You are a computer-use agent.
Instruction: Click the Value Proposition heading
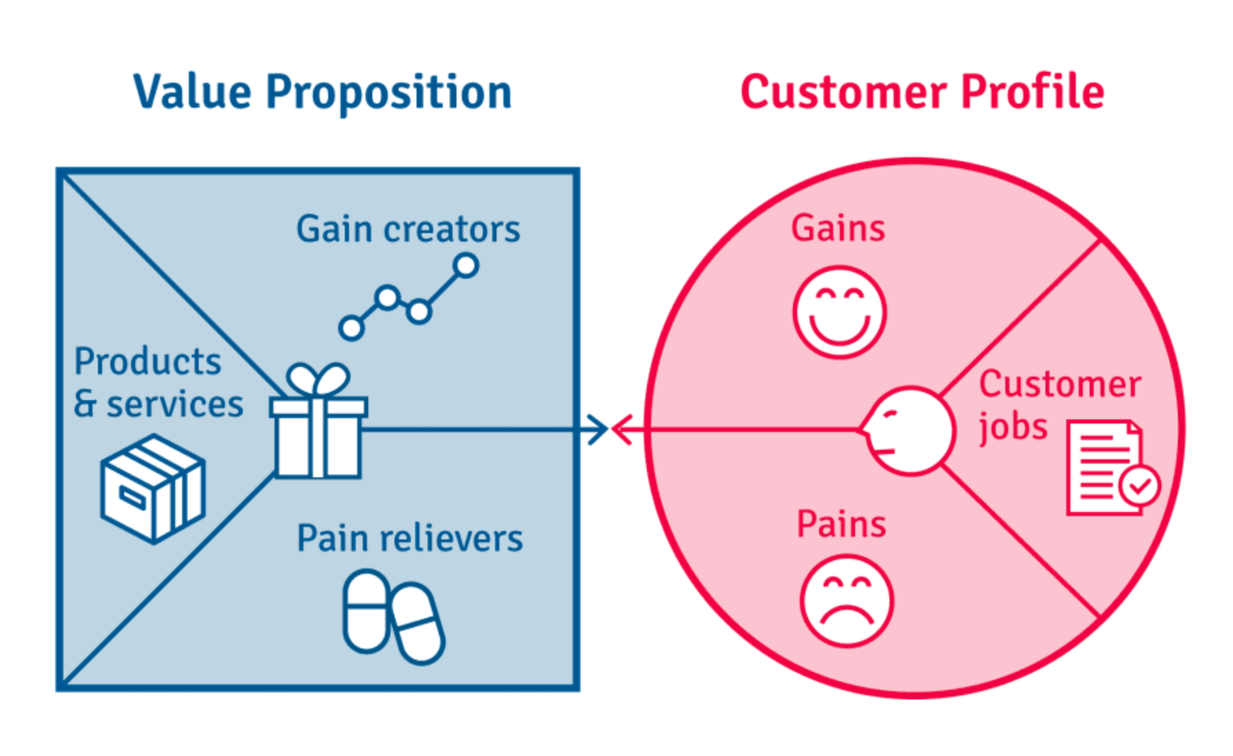tap(322, 92)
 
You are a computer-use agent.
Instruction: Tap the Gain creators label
tap(408, 229)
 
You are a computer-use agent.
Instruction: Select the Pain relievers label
tap(410, 539)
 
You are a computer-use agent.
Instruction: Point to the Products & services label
tap(159, 382)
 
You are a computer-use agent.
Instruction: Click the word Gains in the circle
tap(838, 228)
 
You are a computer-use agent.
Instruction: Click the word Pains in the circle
tap(841, 524)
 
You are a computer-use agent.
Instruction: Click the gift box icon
tap(318, 421)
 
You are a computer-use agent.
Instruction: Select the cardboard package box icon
tap(153, 488)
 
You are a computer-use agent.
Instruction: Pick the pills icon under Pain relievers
tap(394, 617)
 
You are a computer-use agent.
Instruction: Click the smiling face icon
tap(839, 312)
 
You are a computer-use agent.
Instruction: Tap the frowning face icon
tap(847, 601)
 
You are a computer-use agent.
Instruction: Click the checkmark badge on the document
tap(1140, 486)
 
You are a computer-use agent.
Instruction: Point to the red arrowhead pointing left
tap(622, 430)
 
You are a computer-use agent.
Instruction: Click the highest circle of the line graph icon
tap(466, 266)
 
